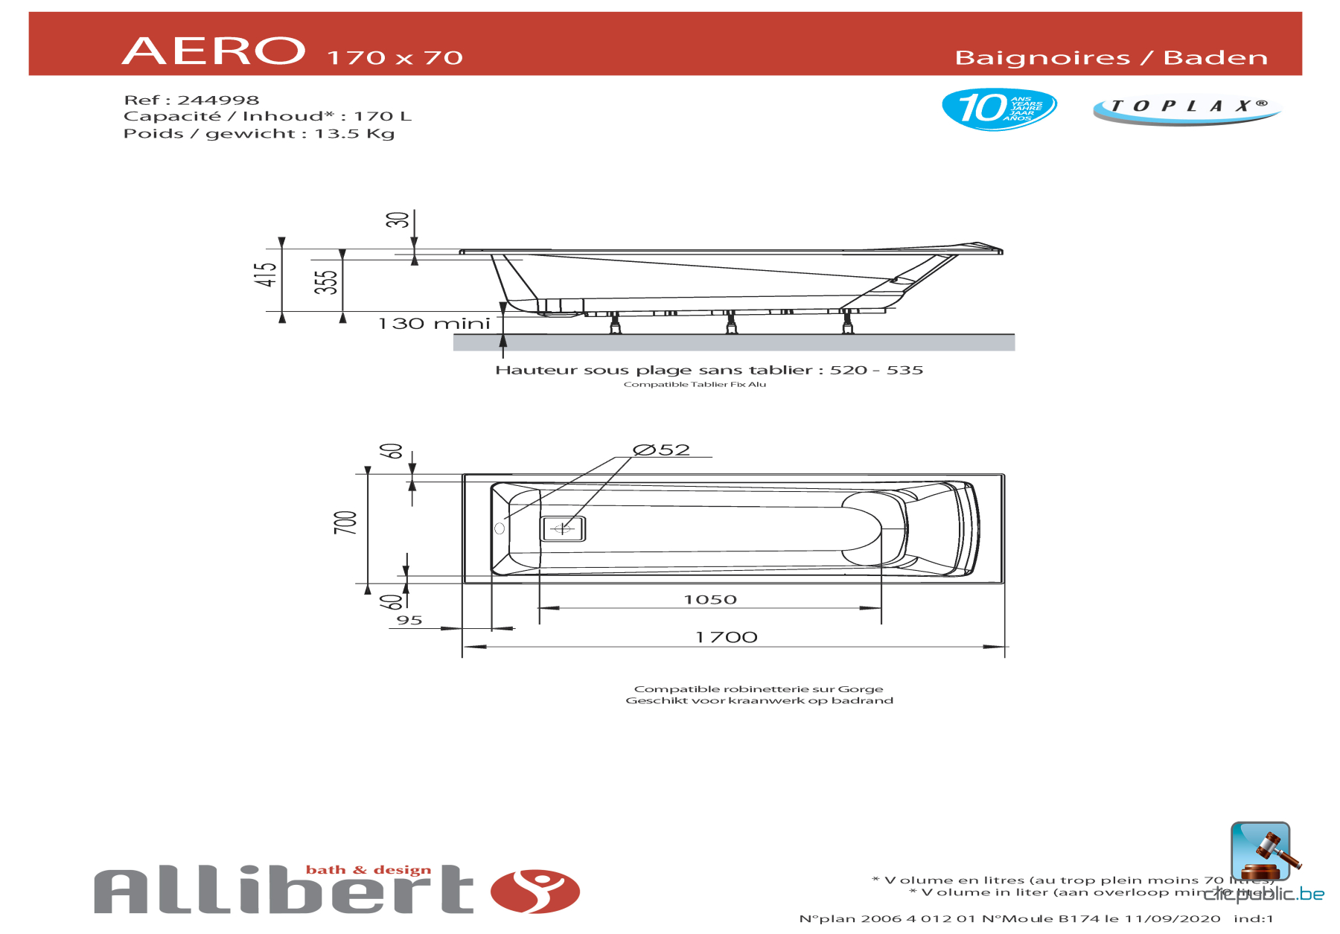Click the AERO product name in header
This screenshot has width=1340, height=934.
tap(214, 51)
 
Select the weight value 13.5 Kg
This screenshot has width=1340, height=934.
tap(354, 134)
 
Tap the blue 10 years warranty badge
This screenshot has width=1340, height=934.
tap(998, 109)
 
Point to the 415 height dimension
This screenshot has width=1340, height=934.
tap(266, 275)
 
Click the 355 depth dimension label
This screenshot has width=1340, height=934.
tap(326, 282)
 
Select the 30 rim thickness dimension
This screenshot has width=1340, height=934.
tap(398, 220)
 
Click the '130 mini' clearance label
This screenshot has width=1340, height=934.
tap(434, 324)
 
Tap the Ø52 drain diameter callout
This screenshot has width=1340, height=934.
tap(661, 450)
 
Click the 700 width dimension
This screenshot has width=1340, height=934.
tap(345, 522)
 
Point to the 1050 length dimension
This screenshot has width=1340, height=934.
tap(710, 600)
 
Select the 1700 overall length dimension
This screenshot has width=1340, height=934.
tap(726, 637)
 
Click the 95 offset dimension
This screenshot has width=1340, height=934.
tap(409, 621)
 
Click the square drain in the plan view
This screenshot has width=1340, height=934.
tap(562, 529)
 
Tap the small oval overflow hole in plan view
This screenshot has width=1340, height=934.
tap(500, 528)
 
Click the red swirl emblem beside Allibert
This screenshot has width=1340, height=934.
tap(535, 891)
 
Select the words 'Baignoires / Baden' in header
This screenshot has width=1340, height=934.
tap(1111, 58)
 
